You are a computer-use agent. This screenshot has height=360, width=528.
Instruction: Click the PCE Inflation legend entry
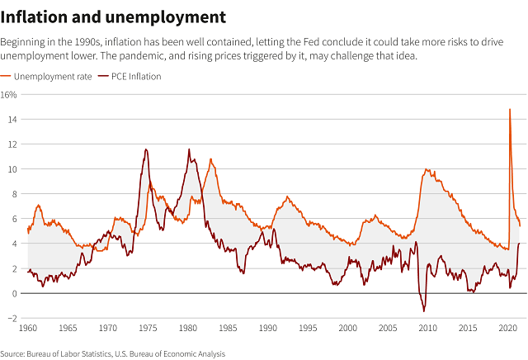(136, 76)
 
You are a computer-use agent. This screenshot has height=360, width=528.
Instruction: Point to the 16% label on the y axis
(9, 95)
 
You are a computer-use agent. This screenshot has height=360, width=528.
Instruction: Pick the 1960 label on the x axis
(28, 329)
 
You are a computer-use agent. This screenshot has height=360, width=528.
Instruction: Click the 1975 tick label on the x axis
(148, 329)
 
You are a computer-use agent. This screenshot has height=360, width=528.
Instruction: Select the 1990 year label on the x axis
(267, 329)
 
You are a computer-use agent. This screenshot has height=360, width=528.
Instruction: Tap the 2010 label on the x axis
(427, 329)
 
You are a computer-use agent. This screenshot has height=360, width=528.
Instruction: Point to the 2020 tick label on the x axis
(507, 329)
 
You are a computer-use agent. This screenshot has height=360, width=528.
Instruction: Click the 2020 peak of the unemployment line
(510, 109)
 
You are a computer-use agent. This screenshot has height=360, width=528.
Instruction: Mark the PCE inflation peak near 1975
(146, 149)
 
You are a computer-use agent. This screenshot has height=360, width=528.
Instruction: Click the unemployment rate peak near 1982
(210, 159)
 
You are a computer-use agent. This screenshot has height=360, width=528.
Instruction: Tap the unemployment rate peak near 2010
(427, 169)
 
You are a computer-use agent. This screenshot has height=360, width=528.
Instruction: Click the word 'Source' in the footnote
(15, 352)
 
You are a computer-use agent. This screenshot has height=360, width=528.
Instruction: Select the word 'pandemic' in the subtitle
(334, 55)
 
